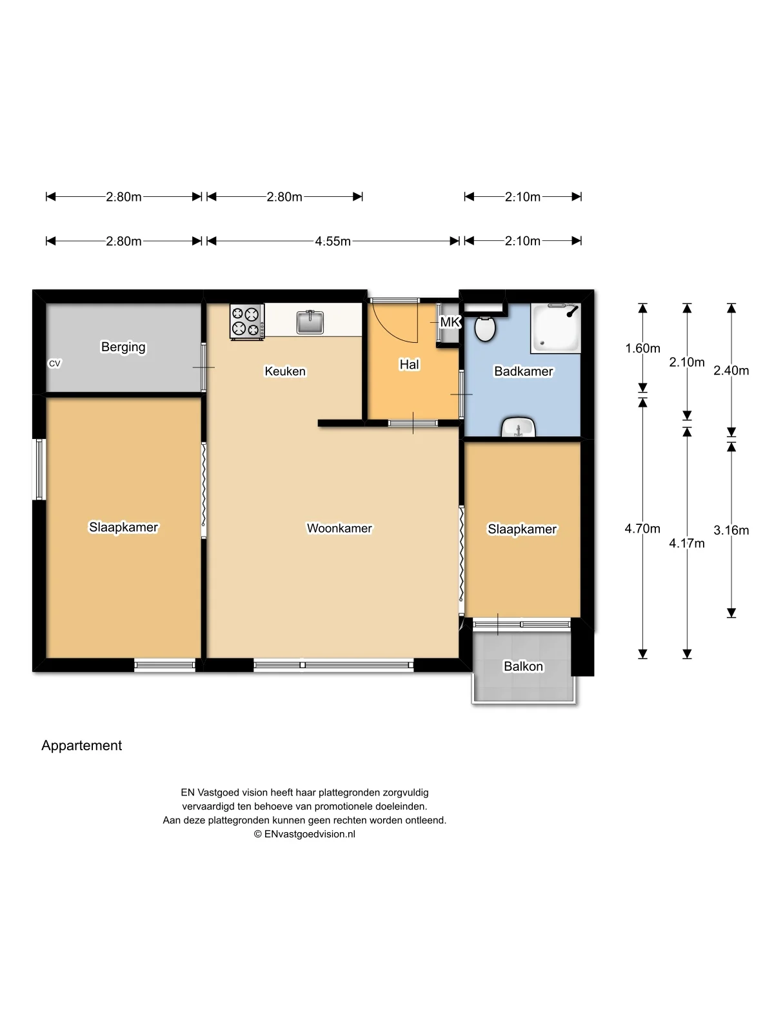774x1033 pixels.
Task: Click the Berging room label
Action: click(x=123, y=347)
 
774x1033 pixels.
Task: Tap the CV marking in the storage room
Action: click(x=55, y=363)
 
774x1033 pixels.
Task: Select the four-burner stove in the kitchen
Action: click(x=248, y=322)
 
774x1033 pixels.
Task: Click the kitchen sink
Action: click(x=310, y=322)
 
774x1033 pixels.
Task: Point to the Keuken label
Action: click(x=285, y=371)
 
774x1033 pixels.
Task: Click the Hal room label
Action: click(x=409, y=365)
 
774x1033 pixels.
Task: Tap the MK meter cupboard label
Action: click(x=450, y=322)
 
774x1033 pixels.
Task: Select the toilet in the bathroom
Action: click(x=484, y=328)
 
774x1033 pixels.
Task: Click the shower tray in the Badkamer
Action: click(x=555, y=328)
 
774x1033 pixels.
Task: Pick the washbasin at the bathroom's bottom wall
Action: click(x=519, y=427)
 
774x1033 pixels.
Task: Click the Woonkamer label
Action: click(x=339, y=528)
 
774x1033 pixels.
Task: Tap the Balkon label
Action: click(x=523, y=666)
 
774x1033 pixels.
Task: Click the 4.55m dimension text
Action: click(x=333, y=241)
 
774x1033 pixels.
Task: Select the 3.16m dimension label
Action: click(x=731, y=531)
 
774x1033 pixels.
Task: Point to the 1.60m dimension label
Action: click(x=642, y=349)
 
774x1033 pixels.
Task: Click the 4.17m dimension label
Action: click(x=687, y=543)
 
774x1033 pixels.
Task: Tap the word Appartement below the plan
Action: click(x=81, y=746)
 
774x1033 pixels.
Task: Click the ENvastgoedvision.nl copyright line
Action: click(x=304, y=834)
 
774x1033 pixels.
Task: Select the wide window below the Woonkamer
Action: click(x=333, y=664)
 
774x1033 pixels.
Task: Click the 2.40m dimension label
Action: click(x=731, y=371)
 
